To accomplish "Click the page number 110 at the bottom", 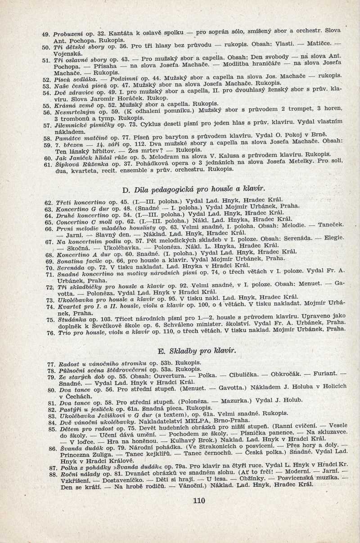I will click(x=198, y=500).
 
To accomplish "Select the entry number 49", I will click(x=45, y=34).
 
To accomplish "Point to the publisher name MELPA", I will click(x=217, y=421).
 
